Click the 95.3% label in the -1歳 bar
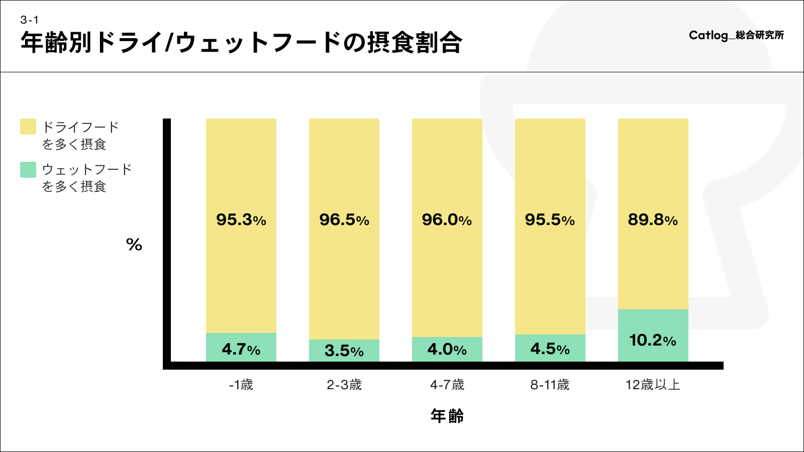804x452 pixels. point(241,219)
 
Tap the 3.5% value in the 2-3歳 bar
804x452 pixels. point(344,351)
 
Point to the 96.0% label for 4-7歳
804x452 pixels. point(447,219)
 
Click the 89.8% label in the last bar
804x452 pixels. point(653,219)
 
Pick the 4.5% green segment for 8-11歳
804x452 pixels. point(550,349)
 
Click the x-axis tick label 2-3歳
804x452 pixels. point(344,385)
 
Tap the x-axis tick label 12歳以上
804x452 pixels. point(653,385)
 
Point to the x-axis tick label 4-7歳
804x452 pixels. point(447,385)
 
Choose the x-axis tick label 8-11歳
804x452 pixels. point(550,385)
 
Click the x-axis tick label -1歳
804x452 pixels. point(241,385)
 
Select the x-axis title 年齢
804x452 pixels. point(447,416)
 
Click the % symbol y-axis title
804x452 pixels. point(134,245)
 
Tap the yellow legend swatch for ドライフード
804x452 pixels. point(28,127)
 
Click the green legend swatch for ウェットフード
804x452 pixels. point(28,170)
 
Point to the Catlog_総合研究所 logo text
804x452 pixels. point(736,35)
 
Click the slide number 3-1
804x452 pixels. point(30,20)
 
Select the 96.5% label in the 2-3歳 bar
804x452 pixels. point(344,219)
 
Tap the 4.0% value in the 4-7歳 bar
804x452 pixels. point(447,349)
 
